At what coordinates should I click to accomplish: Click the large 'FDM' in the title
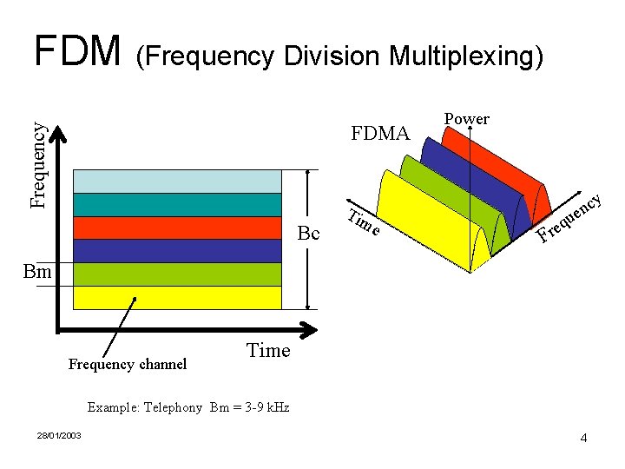coord(76,51)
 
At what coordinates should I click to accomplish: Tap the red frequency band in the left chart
coord(177,228)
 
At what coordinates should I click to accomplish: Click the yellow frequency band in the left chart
coord(177,298)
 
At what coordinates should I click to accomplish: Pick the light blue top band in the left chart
coord(177,181)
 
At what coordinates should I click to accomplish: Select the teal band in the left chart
coord(177,204)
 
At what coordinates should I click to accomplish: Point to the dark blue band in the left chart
coord(177,251)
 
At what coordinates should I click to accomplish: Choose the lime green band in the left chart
coord(177,274)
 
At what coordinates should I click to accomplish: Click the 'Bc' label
coord(308,234)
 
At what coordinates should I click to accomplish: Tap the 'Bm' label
coord(38,272)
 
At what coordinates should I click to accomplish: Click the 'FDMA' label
coord(379,134)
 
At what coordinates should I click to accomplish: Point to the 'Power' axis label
coord(466,119)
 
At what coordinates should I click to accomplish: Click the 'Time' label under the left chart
coord(268,351)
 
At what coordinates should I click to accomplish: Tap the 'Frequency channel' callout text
coord(128,365)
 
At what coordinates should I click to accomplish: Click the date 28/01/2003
coord(59,435)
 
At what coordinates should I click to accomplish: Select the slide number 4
coord(583,438)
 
